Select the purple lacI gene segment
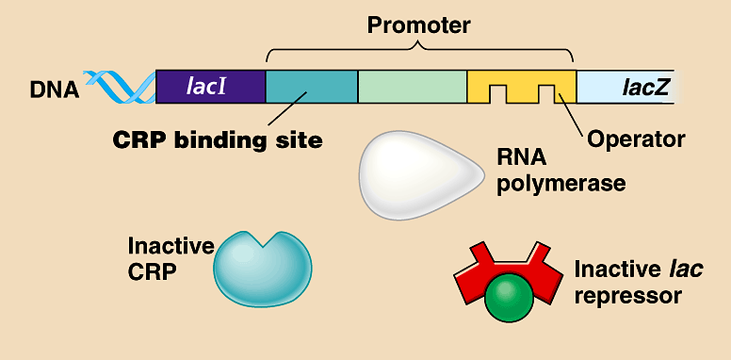point(210,86)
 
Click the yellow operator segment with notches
point(521,80)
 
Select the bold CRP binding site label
point(218,141)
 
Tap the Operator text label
point(635,140)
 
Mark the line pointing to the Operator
point(573,113)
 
